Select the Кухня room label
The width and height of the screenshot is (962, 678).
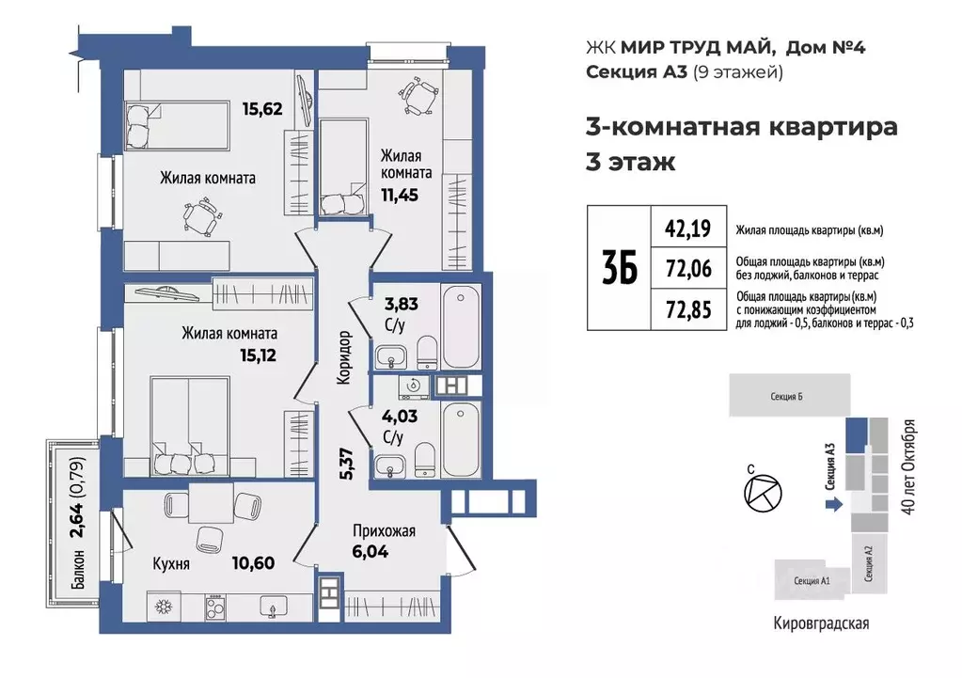(172, 564)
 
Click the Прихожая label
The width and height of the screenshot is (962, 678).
(385, 530)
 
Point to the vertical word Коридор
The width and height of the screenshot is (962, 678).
(345, 357)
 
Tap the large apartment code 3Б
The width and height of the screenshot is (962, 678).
(619, 268)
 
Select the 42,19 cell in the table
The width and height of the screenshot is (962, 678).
(687, 227)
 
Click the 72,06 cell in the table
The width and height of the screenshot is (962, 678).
(687, 268)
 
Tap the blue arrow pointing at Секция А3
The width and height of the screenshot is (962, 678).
(832, 505)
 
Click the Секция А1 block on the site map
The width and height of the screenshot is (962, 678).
(810, 581)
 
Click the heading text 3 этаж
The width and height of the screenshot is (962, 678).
(630, 162)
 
